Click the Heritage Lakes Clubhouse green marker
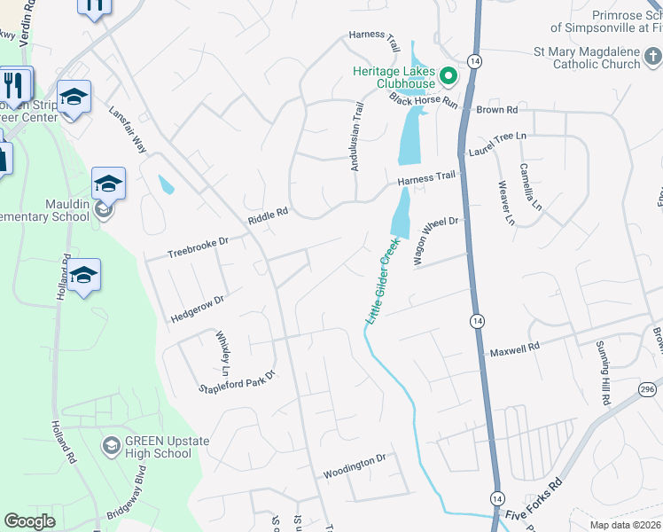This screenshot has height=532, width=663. (448, 75)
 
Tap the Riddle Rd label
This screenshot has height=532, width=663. (269, 215)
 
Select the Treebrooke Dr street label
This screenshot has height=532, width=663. (199, 247)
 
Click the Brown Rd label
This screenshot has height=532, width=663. (496, 110)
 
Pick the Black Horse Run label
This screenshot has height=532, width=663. (424, 98)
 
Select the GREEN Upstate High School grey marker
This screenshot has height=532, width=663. (112, 444)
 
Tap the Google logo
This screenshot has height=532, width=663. (29, 521)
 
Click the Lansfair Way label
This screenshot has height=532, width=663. (128, 131)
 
